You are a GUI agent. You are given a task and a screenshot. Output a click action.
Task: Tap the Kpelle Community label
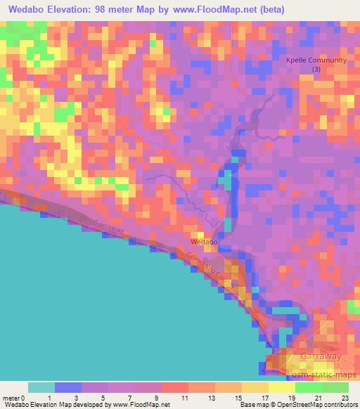(x=316, y=60)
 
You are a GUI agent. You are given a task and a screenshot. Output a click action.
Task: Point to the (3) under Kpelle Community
(x=316, y=70)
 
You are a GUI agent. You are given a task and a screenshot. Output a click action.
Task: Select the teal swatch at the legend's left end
(x=41, y=387)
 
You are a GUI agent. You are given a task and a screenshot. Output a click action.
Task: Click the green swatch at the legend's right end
(x=335, y=387)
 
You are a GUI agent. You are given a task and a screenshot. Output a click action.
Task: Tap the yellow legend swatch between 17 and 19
(x=281, y=387)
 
